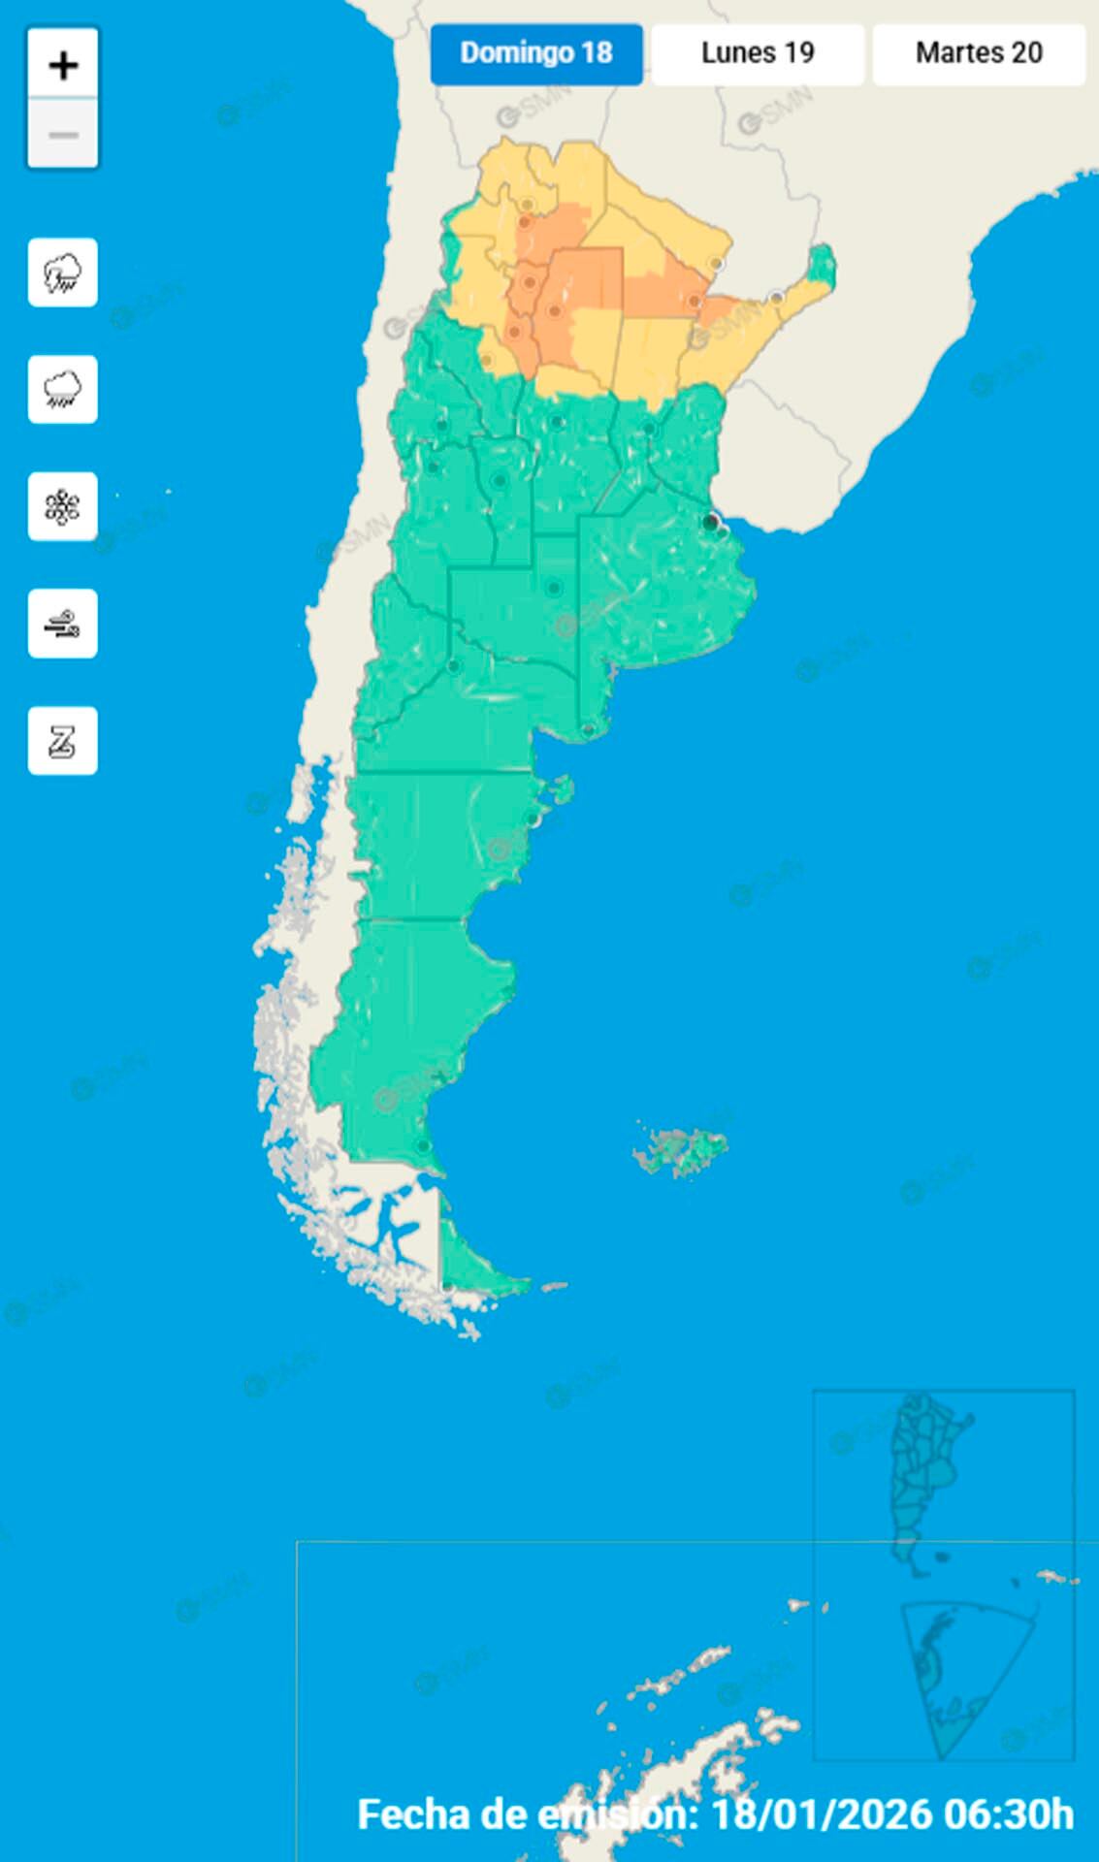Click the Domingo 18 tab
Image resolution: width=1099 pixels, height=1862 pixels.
(x=536, y=53)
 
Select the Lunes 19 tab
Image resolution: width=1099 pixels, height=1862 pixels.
(x=758, y=53)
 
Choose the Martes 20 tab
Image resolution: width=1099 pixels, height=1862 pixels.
(x=979, y=53)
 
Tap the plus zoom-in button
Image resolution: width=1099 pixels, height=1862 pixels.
(x=63, y=65)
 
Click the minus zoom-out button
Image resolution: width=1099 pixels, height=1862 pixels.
(x=63, y=134)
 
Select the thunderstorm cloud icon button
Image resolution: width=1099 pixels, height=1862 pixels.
(x=63, y=273)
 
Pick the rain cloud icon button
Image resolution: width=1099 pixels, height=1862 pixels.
(x=63, y=389)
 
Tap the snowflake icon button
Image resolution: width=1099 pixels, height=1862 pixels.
(x=63, y=506)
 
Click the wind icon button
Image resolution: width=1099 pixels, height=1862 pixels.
(x=63, y=624)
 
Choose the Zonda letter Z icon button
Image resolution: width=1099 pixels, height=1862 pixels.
(x=63, y=741)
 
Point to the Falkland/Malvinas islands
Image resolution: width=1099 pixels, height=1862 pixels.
(x=682, y=1150)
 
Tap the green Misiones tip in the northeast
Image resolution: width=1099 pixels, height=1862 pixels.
(x=822, y=267)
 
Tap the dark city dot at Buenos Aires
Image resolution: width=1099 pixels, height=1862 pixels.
(x=711, y=523)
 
